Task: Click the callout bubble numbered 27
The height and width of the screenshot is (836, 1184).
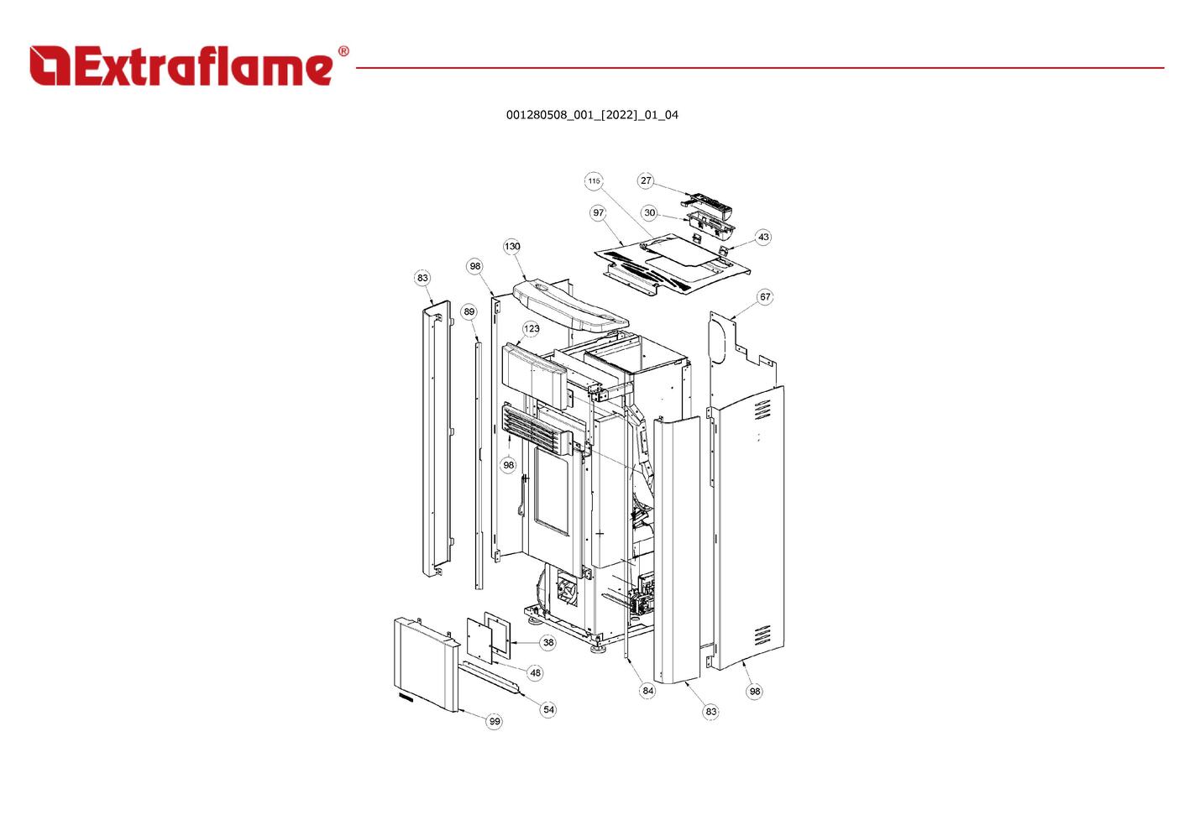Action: coord(646,180)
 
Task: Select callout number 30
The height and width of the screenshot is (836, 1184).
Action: coord(650,213)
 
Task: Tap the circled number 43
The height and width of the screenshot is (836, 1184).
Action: coord(763,237)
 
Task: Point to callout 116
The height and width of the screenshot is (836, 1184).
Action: coord(595,180)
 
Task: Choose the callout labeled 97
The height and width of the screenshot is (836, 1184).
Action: coord(598,212)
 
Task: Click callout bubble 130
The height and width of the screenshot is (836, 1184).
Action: coord(511,246)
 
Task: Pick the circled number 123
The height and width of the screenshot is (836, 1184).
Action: coord(532,329)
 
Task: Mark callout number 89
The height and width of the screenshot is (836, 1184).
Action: coord(469,311)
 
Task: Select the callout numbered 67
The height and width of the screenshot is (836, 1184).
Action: coord(765,297)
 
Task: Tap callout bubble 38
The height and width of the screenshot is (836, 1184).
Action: coord(548,643)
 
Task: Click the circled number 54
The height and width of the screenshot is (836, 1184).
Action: coord(548,710)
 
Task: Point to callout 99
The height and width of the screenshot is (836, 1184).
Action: coord(495,721)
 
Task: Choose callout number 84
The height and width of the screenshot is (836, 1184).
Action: coord(647,691)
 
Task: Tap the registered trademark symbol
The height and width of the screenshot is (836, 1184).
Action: coord(343,51)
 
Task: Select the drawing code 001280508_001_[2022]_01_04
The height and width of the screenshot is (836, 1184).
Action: coord(592,115)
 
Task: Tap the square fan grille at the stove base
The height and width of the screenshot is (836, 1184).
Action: coord(567,588)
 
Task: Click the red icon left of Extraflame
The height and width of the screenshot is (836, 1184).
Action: coord(50,65)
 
